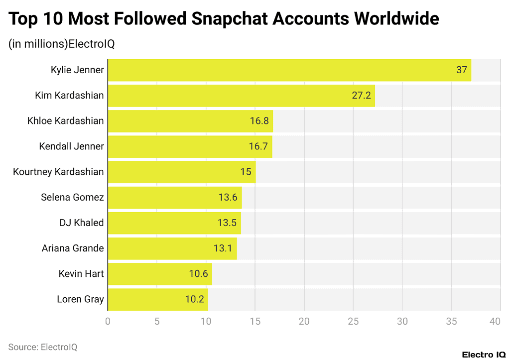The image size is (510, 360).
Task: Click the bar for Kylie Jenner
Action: coord(289,70)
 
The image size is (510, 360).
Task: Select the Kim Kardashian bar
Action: coord(241,96)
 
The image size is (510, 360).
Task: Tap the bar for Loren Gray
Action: coord(158,299)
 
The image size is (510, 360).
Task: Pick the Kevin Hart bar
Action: coord(160,274)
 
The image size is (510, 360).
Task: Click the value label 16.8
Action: coord(259,121)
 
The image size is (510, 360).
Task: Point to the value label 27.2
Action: coord(361,96)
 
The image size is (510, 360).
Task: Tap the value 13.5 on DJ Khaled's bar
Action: coord(227,223)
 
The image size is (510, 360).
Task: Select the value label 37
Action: coord(461,70)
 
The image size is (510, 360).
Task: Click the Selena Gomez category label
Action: coord(72,198)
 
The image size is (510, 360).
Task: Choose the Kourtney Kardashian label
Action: coord(58,172)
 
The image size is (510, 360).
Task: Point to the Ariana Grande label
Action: coord(73,248)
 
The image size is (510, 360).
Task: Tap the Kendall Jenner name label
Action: coord(71,146)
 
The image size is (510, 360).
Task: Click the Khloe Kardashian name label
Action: coord(65,121)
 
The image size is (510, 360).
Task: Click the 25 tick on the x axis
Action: coord(353,322)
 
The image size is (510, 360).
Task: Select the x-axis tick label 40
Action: coord(495,322)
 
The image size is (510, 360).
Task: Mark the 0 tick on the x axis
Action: coord(108,322)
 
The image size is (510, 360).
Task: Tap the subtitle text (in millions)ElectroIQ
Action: coord(62,44)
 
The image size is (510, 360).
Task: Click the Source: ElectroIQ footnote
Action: coord(43,347)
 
